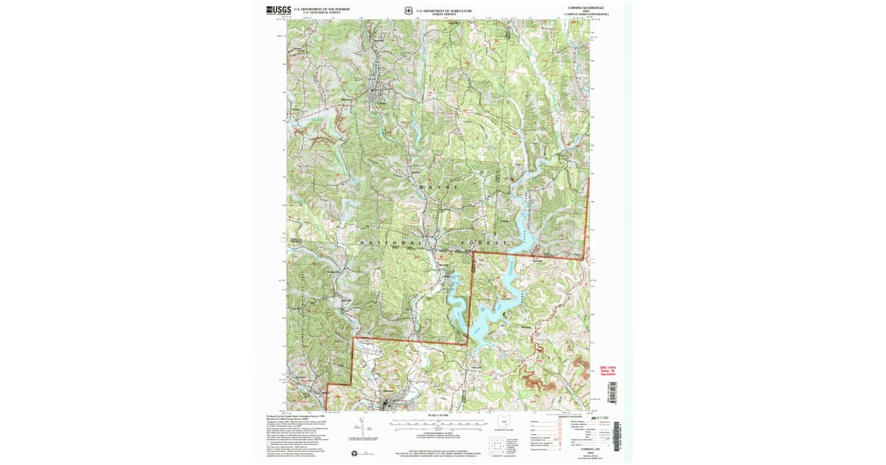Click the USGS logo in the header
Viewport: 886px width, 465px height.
tap(278, 10)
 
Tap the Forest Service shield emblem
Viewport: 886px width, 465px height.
tap(408, 11)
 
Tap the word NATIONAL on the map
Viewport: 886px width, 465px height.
tap(391, 243)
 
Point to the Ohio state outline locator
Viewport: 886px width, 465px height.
tap(505, 423)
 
